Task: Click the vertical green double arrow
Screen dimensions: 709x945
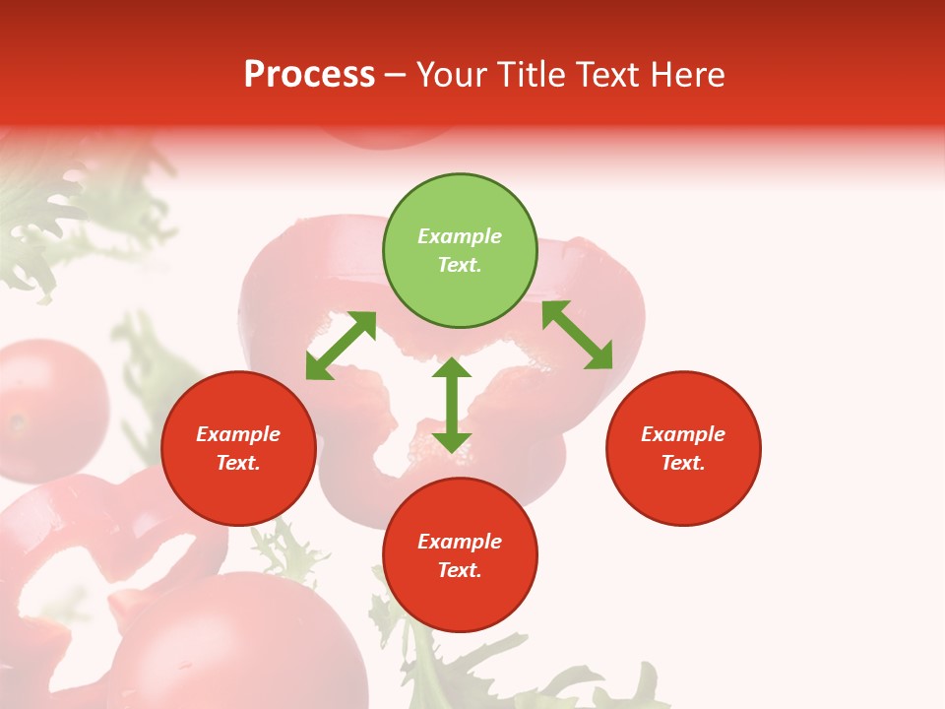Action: point(452,405)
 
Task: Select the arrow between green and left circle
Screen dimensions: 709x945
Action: point(341,346)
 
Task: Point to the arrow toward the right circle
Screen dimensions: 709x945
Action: point(577,335)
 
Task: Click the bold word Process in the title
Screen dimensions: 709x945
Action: point(309,75)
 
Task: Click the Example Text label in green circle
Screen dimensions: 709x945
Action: point(460,250)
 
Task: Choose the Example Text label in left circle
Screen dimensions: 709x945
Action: point(238,448)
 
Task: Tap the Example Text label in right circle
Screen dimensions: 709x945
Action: point(683,448)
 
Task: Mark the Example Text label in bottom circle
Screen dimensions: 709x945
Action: point(460,555)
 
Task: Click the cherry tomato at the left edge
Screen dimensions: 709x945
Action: point(44,409)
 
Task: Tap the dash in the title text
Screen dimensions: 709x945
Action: point(396,75)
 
